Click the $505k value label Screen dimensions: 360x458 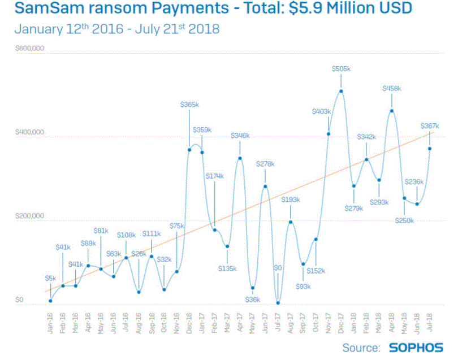point(341,69)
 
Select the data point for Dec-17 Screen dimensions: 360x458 point(341,91)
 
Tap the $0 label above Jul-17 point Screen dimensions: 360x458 point(278,268)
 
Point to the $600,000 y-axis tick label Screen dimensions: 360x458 point(30,49)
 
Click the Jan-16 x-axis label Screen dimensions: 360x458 point(50,322)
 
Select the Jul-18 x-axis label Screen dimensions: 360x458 point(430,322)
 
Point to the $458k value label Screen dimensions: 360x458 point(391,89)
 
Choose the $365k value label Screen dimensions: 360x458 point(189,105)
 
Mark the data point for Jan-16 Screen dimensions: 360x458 point(50,301)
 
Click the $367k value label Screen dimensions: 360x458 point(430,125)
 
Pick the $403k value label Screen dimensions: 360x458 point(322,112)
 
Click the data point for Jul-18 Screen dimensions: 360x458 point(430,149)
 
